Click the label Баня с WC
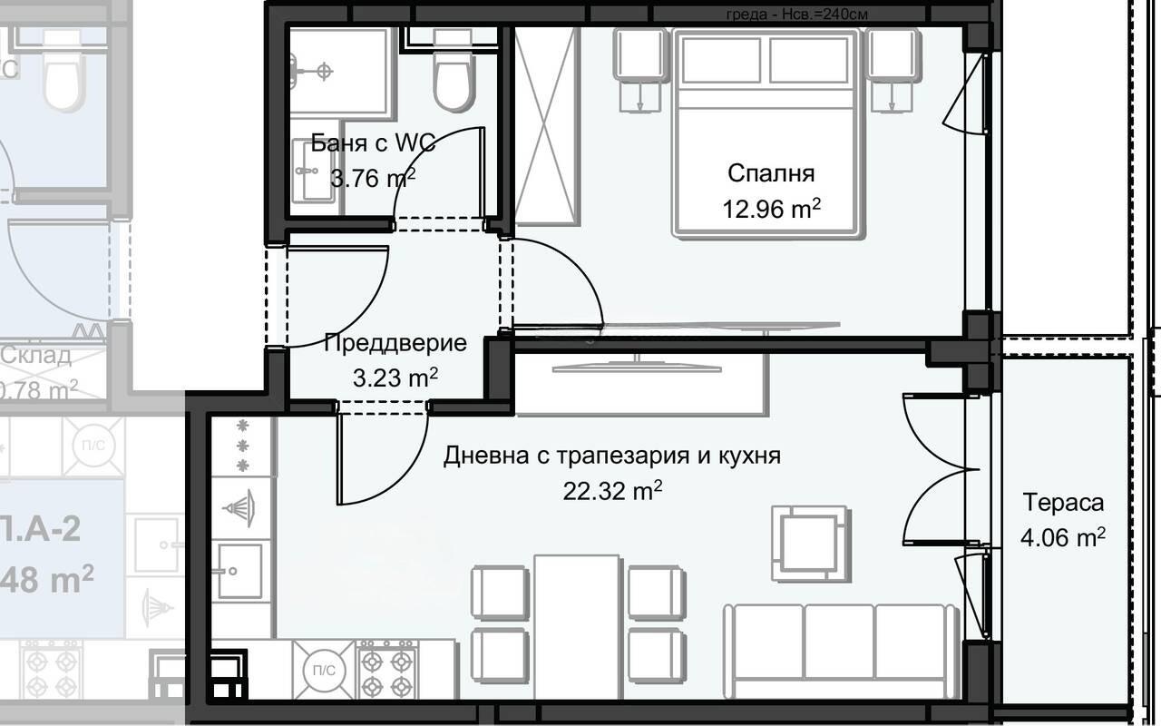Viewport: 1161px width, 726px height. click(373, 142)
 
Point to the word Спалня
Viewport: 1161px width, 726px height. click(771, 172)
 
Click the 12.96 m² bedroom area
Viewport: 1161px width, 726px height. click(771, 210)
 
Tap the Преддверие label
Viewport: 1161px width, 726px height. click(395, 343)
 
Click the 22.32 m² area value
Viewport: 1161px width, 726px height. click(612, 491)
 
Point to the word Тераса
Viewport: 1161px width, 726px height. click(1063, 502)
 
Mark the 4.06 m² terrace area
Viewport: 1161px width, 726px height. click(1063, 537)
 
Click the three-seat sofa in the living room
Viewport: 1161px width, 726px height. click(839, 642)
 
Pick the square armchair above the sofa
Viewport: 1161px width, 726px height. click(810, 542)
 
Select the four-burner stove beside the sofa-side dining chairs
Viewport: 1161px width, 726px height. click(387, 672)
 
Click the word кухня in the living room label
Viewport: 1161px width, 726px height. click(748, 456)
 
